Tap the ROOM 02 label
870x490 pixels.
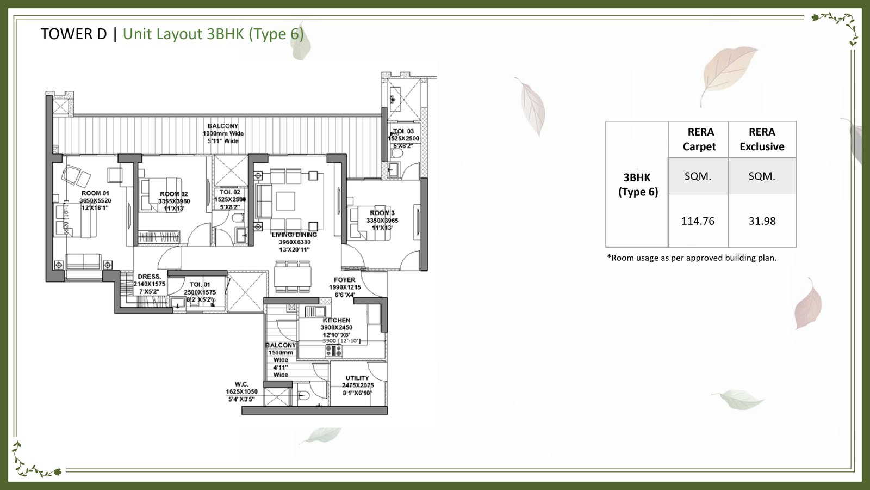point(173,194)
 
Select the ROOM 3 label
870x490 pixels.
point(382,213)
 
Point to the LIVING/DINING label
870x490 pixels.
point(294,235)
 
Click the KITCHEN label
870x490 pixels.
point(337,320)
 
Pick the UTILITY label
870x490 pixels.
point(357,378)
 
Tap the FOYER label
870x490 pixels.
point(345,280)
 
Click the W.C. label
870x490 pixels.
point(242,384)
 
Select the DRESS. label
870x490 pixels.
point(149,277)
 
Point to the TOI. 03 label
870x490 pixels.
point(403,132)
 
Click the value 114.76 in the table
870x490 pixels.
point(698,221)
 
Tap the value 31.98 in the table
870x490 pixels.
point(762,221)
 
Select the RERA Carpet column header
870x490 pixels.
point(699,139)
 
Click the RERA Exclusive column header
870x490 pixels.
point(762,139)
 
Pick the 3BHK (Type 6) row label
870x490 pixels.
point(637,185)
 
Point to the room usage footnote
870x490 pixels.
point(692,258)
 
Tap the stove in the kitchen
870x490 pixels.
point(333,352)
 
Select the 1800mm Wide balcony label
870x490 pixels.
point(223,133)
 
